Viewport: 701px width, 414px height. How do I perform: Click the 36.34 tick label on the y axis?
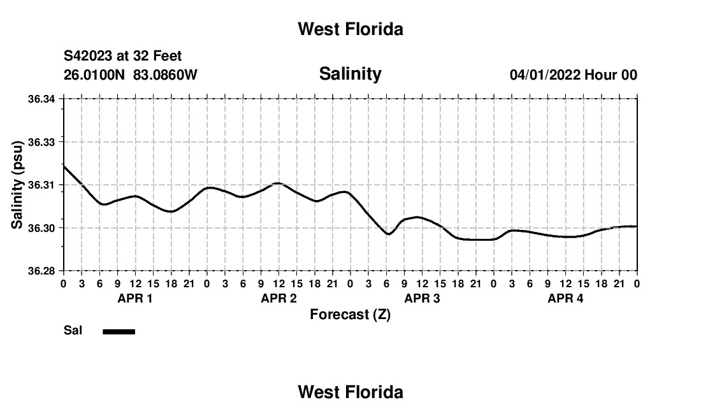pos(41,99)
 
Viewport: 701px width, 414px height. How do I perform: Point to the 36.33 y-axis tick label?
pos(41,143)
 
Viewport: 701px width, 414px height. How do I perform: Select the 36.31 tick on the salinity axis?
pos(41,185)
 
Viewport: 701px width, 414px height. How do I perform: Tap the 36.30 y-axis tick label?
pos(41,228)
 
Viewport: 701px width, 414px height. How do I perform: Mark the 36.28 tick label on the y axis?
pos(41,271)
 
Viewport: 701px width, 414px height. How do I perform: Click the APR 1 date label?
pos(135,298)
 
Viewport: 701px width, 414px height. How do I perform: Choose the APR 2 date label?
pos(278,298)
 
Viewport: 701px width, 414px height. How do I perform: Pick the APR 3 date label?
pos(422,298)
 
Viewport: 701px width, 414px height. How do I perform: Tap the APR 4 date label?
pos(565,298)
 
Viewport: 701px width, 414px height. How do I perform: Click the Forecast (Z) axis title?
pos(350,315)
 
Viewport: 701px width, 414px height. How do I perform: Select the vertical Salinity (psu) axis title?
pos(17,185)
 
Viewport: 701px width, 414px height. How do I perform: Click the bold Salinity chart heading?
pos(350,74)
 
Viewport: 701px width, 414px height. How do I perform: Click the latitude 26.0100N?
pos(94,75)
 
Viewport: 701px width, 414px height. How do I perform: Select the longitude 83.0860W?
pos(165,75)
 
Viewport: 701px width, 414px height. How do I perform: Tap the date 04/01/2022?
pos(545,75)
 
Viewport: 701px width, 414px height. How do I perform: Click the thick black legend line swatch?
pos(119,331)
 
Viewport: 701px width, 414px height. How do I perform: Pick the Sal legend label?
pos(73,331)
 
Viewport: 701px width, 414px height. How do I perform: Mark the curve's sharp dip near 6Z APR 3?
pos(388,234)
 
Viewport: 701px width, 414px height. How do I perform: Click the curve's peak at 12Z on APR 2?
pos(278,183)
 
